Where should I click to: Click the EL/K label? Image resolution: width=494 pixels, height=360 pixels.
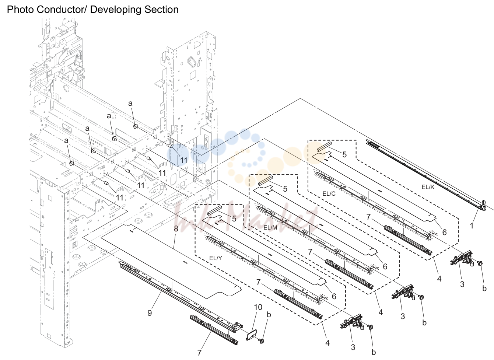tap(428, 187)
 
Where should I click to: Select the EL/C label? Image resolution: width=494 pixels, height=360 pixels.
tap(329, 194)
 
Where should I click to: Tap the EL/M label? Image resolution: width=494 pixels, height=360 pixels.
tap(270, 228)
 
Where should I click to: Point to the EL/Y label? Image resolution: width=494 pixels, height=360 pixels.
tap(216, 258)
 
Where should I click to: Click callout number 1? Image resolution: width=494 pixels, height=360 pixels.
tap(472, 226)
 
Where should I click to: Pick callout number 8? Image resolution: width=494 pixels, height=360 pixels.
tap(176, 229)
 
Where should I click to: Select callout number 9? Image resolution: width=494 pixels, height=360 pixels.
tap(150, 313)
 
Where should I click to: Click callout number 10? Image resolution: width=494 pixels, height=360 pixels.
tap(258, 307)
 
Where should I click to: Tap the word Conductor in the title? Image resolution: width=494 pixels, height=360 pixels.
tap(62, 10)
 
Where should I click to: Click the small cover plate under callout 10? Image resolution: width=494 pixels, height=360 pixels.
tap(252, 335)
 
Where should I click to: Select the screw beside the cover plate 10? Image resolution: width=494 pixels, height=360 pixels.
tap(262, 341)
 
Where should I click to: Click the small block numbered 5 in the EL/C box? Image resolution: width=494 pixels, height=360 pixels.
tap(324, 147)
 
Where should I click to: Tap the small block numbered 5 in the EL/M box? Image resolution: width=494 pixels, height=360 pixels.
tap(266, 180)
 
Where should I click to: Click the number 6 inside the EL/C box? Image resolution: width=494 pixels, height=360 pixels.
tap(444, 232)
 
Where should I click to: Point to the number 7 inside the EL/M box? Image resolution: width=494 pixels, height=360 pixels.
tap(310, 252)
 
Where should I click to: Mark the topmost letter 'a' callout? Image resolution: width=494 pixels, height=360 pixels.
tap(130, 103)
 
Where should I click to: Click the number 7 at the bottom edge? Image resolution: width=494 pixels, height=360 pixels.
tap(199, 353)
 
